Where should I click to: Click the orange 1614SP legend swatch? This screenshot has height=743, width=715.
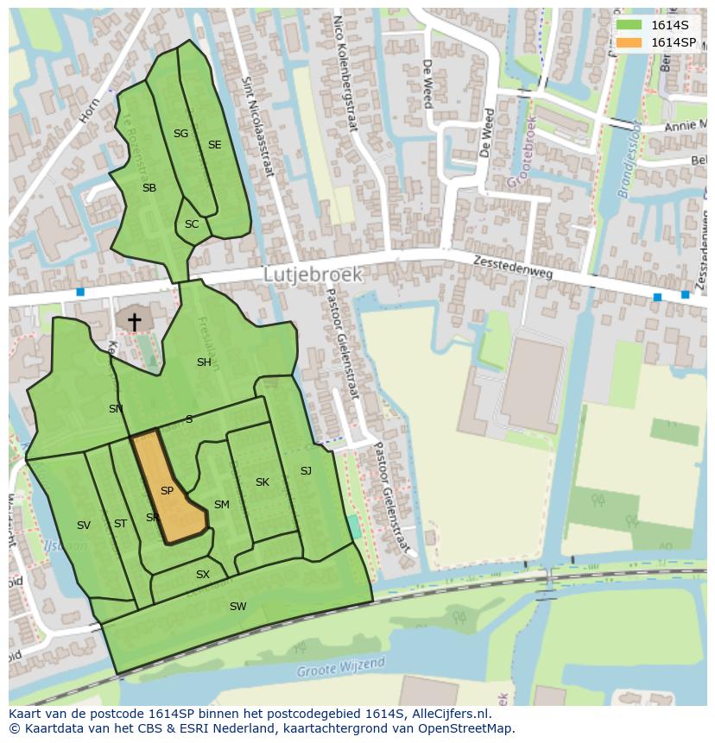pos(629,42)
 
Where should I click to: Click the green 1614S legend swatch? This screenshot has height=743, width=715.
pos(629,25)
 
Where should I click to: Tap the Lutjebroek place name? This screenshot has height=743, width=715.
pos(313,274)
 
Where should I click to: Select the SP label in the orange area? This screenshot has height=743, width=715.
pos(168,491)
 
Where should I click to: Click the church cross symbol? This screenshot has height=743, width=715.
pos(135,321)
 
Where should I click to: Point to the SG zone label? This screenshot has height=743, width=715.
pos(180,134)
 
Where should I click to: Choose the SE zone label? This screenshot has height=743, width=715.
pos(214,145)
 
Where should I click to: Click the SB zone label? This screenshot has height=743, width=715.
pos(149,188)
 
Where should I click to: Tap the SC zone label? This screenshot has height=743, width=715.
pos(192,224)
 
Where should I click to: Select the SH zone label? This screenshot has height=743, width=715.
pos(204,362)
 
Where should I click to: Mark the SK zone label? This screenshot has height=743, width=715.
pos(263,482)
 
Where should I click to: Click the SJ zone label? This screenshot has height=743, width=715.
pos(306,471)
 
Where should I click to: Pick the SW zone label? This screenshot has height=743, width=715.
pos(237,607)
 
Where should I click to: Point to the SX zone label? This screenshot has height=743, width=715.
pos(203,575)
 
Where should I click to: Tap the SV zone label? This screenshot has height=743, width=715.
pos(84,526)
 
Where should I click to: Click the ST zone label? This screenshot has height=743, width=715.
pos(120,524)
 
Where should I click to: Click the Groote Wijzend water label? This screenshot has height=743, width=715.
pos(341,667)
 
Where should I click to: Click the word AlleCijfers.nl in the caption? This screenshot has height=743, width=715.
pos(451,714)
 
